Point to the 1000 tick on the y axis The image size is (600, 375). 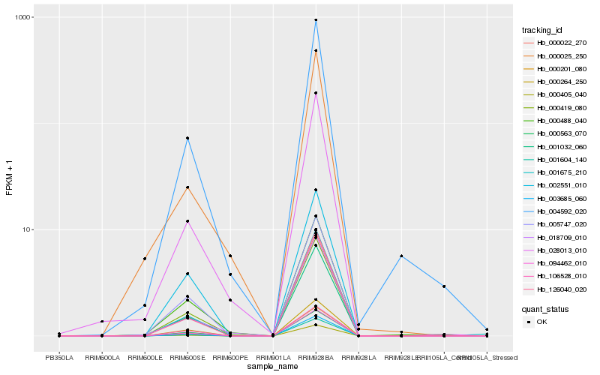tap(26, 17)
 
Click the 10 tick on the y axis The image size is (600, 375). tap(28, 229)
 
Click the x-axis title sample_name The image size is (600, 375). tap(273, 367)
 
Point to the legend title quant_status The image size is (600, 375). tap(545, 308)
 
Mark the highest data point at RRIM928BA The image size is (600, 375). tap(316, 20)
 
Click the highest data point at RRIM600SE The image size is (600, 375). tap(187, 138)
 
